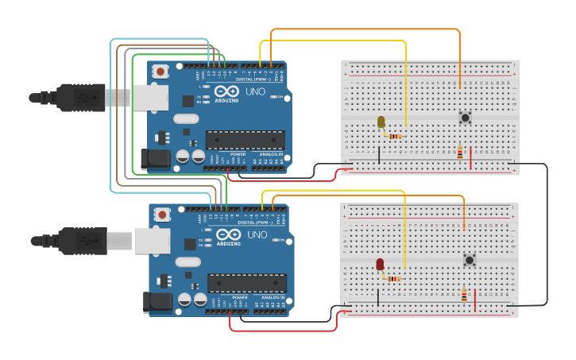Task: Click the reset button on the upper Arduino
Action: pos(161,72)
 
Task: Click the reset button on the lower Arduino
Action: pos(163,214)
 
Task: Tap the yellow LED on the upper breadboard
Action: pos(381,122)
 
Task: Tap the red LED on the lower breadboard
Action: pos(380,264)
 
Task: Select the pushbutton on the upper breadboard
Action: pos(466,118)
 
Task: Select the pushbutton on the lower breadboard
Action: pos(470,259)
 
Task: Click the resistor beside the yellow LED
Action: pos(395,136)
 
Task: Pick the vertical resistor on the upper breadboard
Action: pos(460,153)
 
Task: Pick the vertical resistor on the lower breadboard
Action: pos(464,296)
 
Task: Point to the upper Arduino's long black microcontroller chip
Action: pos(245,140)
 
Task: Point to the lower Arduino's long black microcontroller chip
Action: pos(247,283)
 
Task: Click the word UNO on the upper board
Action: pos(256,92)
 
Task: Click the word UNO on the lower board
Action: pos(257,234)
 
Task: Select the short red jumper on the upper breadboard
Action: pos(471,157)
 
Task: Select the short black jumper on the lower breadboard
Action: pos(378,298)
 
